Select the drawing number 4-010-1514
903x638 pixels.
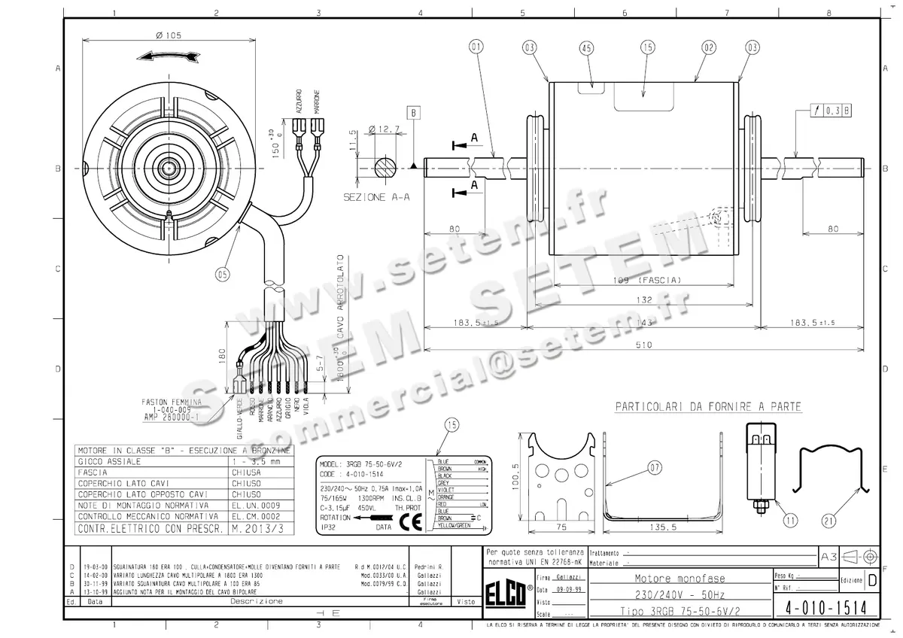point(826,606)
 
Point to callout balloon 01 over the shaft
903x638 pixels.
point(476,47)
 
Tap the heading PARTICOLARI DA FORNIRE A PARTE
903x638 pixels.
point(708,407)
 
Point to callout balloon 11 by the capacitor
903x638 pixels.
point(789,518)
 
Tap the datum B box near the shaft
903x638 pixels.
point(414,113)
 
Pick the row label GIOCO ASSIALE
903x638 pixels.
point(110,460)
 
